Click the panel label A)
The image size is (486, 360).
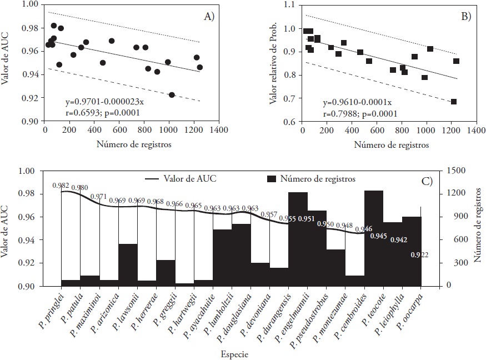(209, 16)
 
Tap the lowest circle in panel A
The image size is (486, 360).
(172, 95)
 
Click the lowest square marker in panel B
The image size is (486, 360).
(454, 102)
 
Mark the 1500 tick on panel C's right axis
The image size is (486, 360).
(454, 171)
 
